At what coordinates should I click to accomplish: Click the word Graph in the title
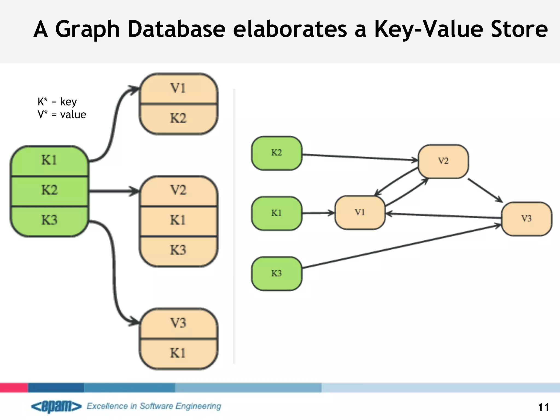pos(87,30)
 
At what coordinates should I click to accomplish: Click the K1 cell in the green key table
pos(49,160)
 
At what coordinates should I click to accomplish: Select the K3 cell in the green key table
pos(49,220)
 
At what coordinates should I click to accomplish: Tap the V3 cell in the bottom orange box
pos(178,323)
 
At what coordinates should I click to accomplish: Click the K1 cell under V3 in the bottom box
pos(178,353)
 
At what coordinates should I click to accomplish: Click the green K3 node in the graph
pos(277,273)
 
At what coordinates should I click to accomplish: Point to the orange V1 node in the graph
pos(360,212)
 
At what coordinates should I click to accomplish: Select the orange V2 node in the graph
pos(443,161)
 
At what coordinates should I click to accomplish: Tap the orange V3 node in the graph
pos(526,219)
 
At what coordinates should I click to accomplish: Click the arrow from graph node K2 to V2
pos(360,157)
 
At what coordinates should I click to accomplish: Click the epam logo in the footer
pos(56,407)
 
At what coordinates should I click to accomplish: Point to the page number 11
pos(543,407)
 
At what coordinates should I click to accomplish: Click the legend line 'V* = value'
pos(62,115)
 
